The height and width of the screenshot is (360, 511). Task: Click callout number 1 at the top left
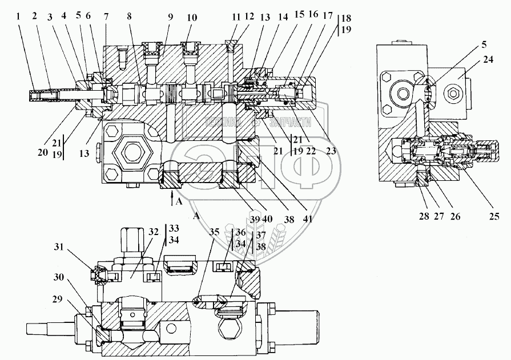[19, 17]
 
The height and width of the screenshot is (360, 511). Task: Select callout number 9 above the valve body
[170, 17]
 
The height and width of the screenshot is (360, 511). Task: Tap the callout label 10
[192, 17]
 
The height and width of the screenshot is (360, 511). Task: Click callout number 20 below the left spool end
[43, 152]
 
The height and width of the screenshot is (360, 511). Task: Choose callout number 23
[330, 151]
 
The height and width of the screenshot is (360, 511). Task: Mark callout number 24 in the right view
[488, 60]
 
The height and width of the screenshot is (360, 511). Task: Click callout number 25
[494, 216]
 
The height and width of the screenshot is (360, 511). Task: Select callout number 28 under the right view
[424, 216]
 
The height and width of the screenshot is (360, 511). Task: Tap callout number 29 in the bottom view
[57, 300]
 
